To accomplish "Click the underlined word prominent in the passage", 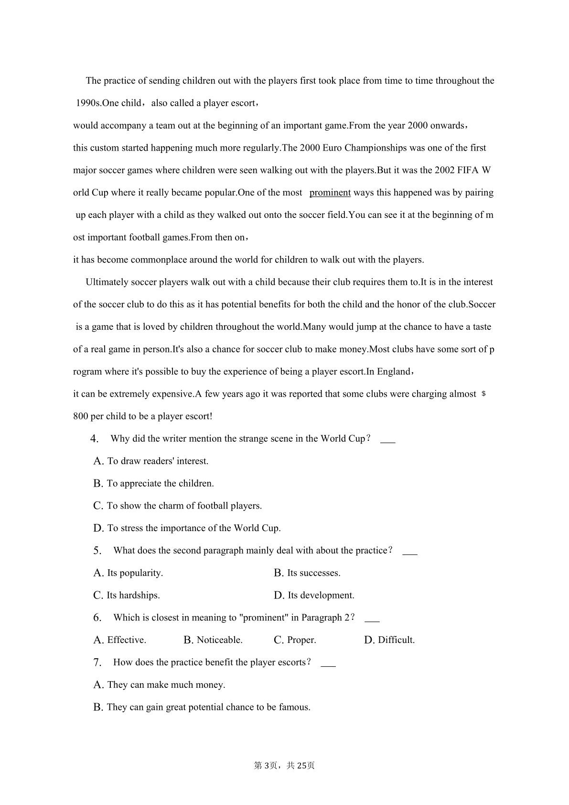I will click(330, 193).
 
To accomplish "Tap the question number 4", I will click(95, 439).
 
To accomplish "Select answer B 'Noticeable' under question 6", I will click(213, 640).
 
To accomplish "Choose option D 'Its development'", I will click(314, 596).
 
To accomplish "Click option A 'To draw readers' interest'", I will click(151, 461).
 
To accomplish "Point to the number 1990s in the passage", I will click(88, 103).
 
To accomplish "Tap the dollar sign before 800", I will click(484, 394).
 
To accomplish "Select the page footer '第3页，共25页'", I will click(284, 765).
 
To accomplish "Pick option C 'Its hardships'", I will click(127, 596).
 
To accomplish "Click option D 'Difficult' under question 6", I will click(389, 640).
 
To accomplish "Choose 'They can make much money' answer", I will click(160, 685).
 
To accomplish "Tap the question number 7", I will click(97, 663).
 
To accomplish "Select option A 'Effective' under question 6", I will click(120, 640).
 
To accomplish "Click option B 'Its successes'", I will click(307, 573).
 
